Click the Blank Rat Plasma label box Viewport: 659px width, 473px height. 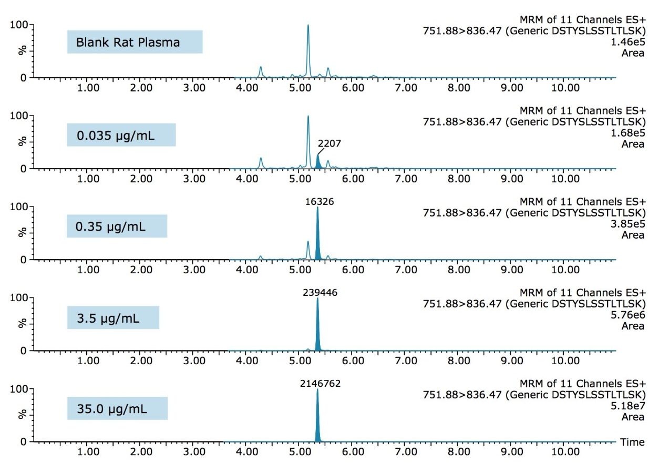click(x=135, y=42)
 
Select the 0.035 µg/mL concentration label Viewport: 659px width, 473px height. click(x=121, y=135)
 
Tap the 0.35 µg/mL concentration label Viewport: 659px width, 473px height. click(x=117, y=227)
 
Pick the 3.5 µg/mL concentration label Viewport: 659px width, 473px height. click(x=113, y=318)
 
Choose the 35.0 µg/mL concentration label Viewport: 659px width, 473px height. click(x=117, y=409)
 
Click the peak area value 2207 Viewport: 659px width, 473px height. click(x=329, y=143)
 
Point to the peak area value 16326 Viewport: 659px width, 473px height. click(x=320, y=201)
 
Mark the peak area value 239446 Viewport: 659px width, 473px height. click(x=320, y=293)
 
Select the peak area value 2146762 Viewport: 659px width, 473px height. click(x=320, y=384)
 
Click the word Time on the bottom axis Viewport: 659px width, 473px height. click(x=632, y=442)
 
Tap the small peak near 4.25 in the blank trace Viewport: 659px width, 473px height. click(x=260, y=70)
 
